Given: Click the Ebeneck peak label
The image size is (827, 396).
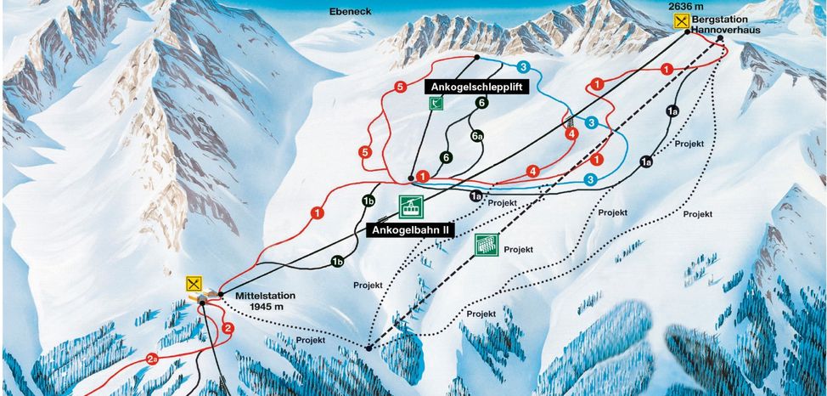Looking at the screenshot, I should click(x=354, y=12).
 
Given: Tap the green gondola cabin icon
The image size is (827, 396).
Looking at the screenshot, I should click(x=411, y=206).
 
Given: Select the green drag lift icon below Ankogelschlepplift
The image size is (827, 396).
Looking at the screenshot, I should click(x=436, y=104).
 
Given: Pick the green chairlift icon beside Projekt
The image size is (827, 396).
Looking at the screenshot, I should click(x=485, y=245).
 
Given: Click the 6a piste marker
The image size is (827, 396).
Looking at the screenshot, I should click(x=476, y=134).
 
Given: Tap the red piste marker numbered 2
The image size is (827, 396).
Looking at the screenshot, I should click(x=228, y=328).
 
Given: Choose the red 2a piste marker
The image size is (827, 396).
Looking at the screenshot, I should click(x=153, y=358).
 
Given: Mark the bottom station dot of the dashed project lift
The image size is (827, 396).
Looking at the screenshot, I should click(x=368, y=348).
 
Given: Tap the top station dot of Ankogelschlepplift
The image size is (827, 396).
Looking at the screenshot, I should click(x=477, y=58).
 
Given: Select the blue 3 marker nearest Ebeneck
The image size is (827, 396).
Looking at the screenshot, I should click(x=523, y=66).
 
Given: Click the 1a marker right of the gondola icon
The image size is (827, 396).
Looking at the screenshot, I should click(x=475, y=195).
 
